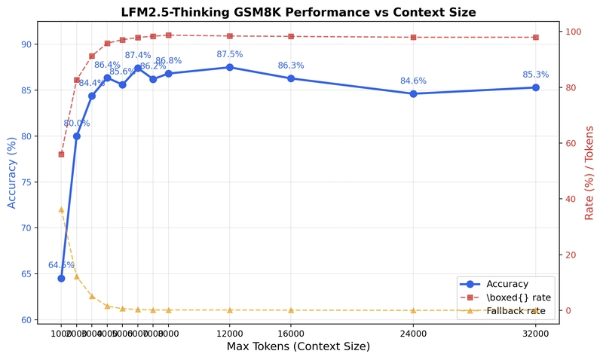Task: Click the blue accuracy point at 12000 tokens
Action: [230, 67]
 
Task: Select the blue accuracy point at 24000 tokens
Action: [413, 93]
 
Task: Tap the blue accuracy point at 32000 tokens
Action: [535, 87]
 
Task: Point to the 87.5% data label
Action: [230, 54]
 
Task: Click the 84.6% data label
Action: [413, 81]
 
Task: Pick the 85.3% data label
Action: [535, 75]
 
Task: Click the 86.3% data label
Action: [291, 66]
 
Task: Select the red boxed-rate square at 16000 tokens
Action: [291, 36]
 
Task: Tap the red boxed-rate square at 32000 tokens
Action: [535, 37]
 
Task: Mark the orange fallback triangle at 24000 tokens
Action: [413, 310]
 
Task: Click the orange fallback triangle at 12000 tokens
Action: [230, 310]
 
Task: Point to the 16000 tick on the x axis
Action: [291, 332]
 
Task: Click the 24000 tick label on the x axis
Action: [413, 332]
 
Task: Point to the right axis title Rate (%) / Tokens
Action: [589, 172]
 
